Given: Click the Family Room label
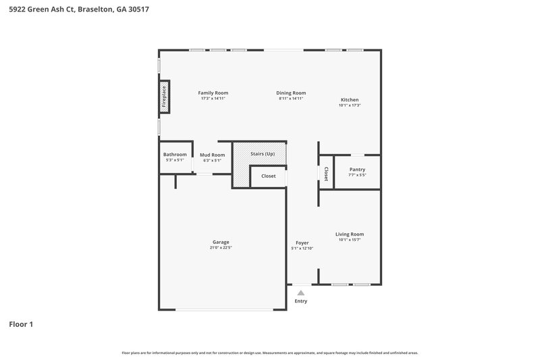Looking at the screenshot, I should pos(213,93).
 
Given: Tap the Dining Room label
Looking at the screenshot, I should pos(291,93).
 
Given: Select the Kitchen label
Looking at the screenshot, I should pos(349,99).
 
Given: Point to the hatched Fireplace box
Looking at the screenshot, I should pos(163,97).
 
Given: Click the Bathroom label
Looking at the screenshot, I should pos(175,154).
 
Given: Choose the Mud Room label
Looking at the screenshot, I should pos(212,154).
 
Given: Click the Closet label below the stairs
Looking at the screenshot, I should pos(268,176).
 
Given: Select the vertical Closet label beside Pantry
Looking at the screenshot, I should pos(326,174).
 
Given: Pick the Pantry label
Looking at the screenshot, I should pos(357,169).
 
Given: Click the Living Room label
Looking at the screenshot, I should pos(350,234).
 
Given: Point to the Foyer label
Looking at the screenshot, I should pos(302,242).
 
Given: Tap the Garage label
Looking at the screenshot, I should pos(221,242).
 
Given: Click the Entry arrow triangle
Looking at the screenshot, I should pos(301,292).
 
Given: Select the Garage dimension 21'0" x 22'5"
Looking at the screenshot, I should pos(221,248).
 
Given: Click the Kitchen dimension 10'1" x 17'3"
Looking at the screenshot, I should pos(350,105).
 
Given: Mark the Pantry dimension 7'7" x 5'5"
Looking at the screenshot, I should pos(357,175).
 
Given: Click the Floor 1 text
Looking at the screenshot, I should pos(21,324).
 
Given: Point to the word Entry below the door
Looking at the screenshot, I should pos(301,301).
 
